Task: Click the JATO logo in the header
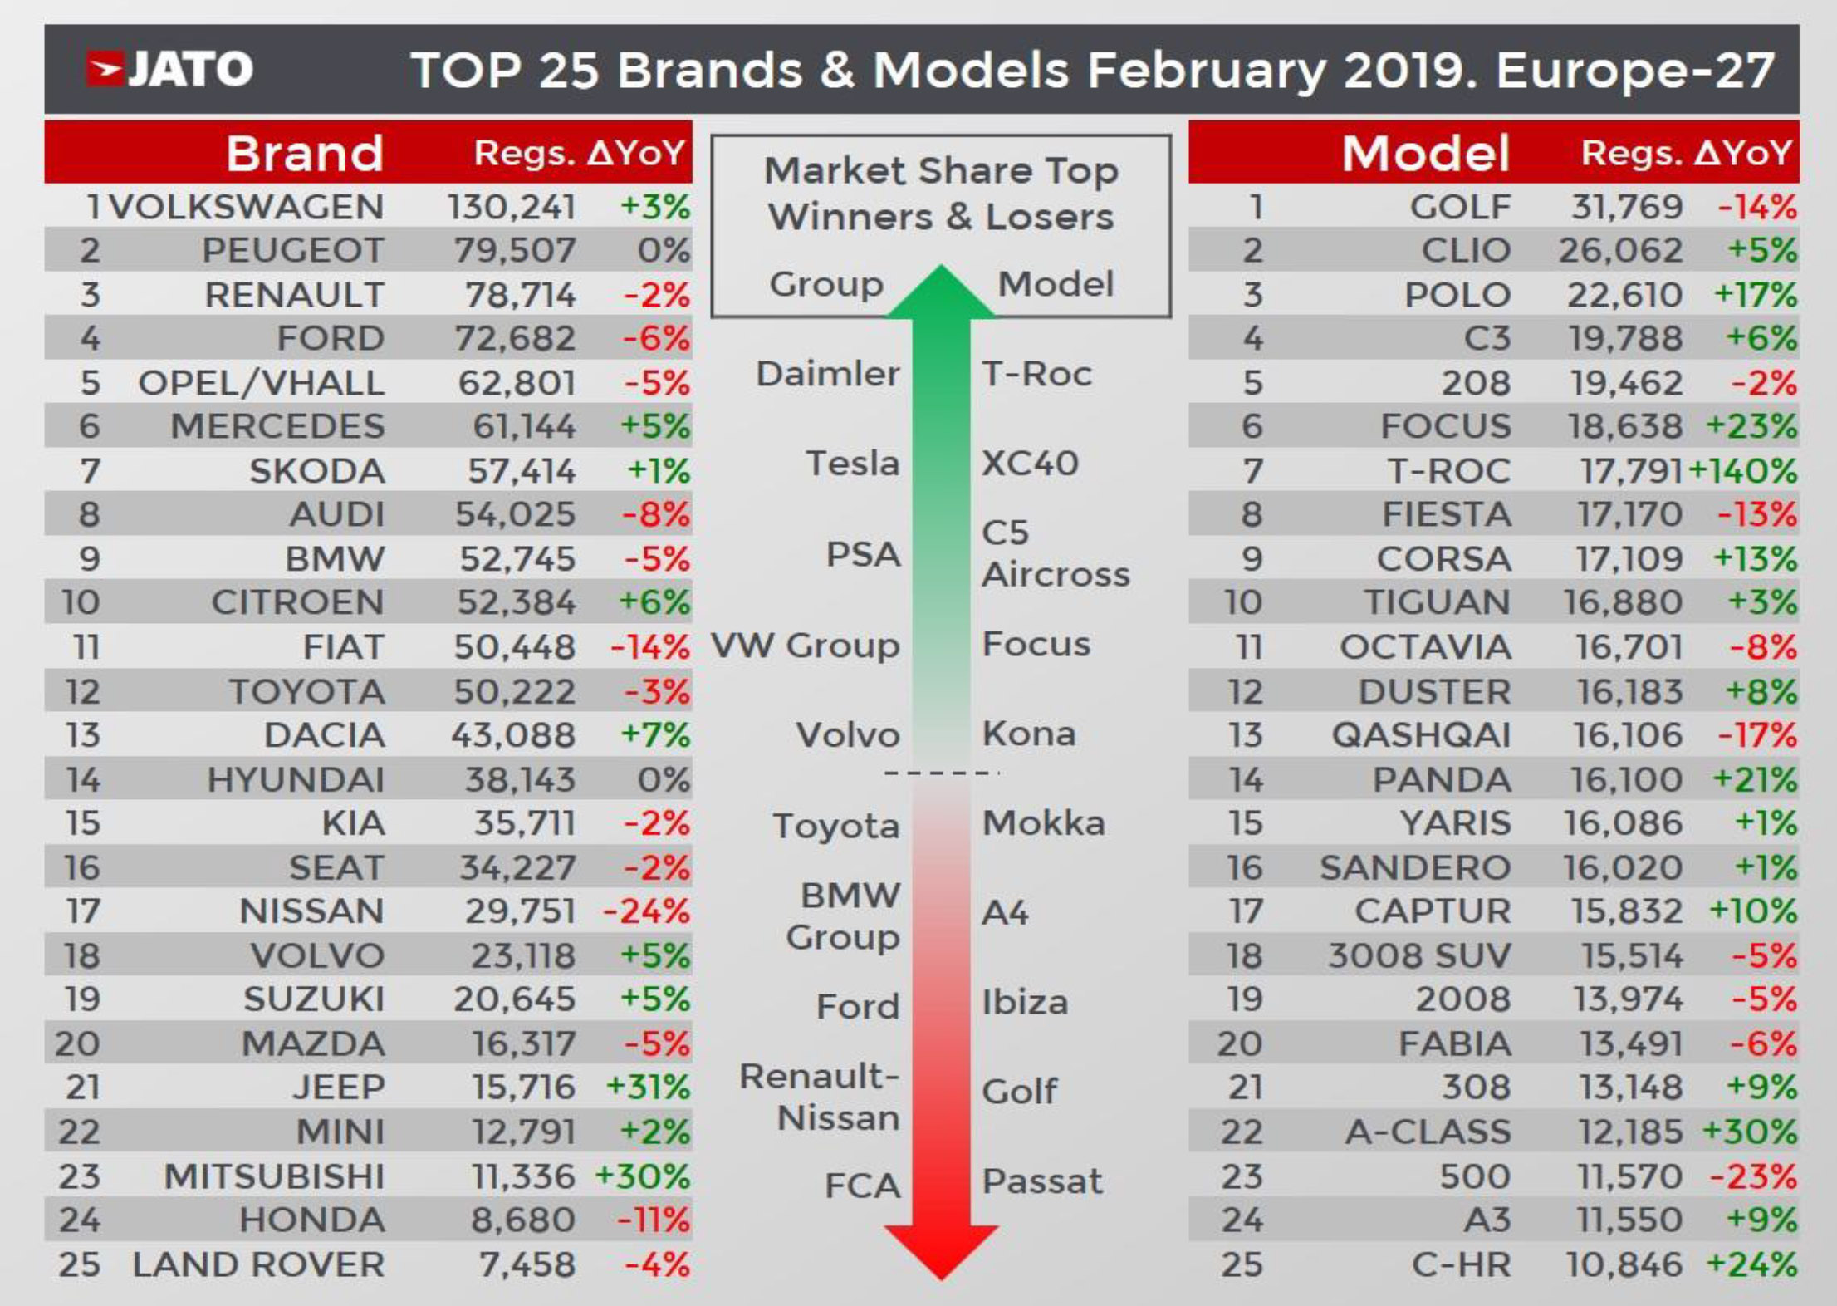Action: [x=170, y=69]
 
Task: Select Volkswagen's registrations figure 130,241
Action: [x=512, y=207]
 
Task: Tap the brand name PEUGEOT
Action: [x=293, y=250]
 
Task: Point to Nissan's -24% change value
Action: [x=646, y=911]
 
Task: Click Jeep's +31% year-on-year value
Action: [x=648, y=1088]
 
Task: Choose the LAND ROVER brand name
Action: [x=258, y=1264]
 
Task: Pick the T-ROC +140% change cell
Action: [x=1743, y=471]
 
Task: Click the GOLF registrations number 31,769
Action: [x=1627, y=207]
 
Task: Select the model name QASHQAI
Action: [x=1422, y=735]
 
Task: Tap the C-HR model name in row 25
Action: [x=1461, y=1264]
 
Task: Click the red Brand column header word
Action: [x=305, y=154]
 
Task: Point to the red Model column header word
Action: [x=1426, y=154]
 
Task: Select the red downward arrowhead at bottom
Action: [x=941, y=1254]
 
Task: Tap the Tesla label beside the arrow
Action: [x=853, y=463]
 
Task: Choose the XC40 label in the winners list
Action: [x=1030, y=463]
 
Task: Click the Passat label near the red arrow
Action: [x=1042, y=1181]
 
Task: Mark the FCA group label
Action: [x=862, y=1186]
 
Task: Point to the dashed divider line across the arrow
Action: [x=941, y=773]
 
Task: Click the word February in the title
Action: [x=1206, y=70]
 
